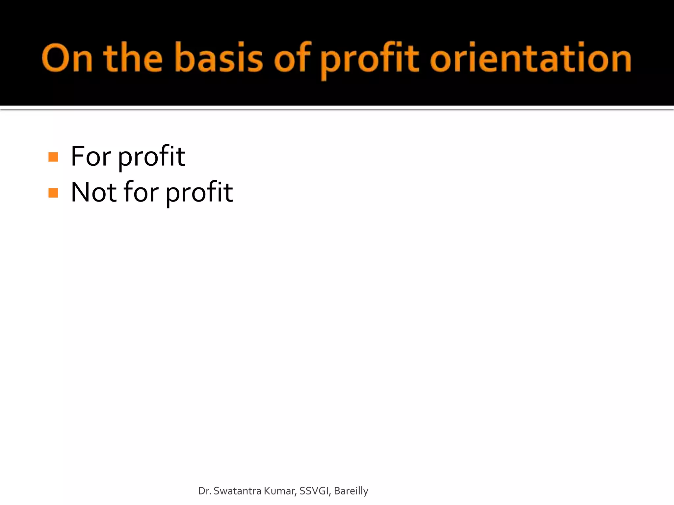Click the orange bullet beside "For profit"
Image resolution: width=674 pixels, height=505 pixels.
(53, 157)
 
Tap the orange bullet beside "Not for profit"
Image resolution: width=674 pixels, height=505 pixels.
(53, 193)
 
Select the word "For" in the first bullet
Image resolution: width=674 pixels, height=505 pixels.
(91, 156)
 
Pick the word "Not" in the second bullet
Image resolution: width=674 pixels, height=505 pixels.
(93, 192)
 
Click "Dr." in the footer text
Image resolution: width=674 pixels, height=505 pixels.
(204, 491)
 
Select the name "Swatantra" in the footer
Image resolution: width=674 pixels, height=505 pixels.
(237, 491)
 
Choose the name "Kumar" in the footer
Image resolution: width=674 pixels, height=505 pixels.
(280, 491)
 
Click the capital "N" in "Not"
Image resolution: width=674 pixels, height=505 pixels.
(81, 192)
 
